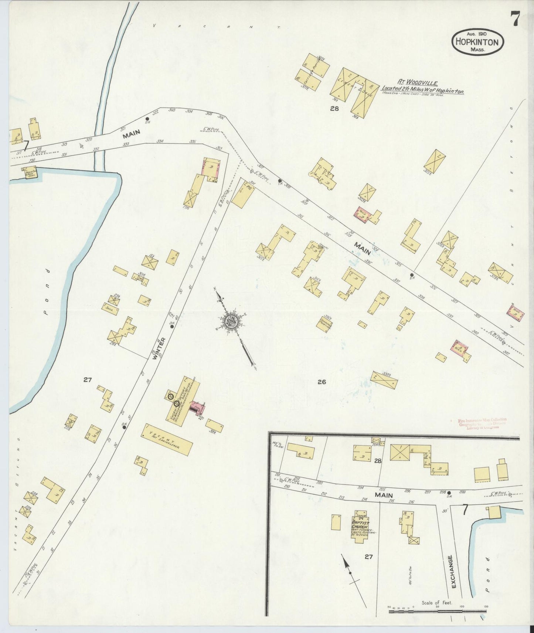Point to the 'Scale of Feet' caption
click(438, 603)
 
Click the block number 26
click(322, 382)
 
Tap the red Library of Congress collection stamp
click(479, 423)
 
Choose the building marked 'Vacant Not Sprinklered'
click(167, 439)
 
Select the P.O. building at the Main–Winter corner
click(244, 194)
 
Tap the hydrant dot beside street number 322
click(147, 119)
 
